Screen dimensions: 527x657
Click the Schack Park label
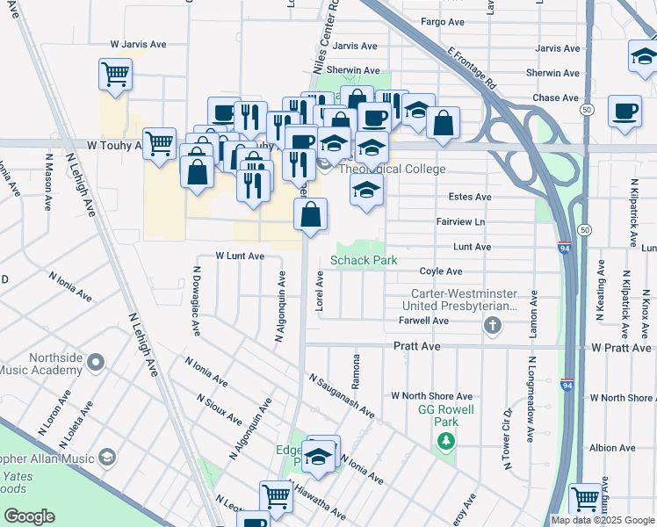coord(364,261)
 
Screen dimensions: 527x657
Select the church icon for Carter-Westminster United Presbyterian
coord(493,327)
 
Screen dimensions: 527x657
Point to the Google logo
coord(28,516)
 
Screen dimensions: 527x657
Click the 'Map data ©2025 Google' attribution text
coord(603,520)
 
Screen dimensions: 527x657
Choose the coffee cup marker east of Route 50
coord(625,112)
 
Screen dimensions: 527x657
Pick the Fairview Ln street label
coord(460,222)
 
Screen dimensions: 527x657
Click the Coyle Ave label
coord(441,272)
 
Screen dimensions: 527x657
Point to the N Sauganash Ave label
coord(342,396)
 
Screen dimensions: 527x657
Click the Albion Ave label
coord(613,448)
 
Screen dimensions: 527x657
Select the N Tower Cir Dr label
coord(508,438)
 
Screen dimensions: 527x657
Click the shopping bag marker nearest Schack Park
coord(311,214)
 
